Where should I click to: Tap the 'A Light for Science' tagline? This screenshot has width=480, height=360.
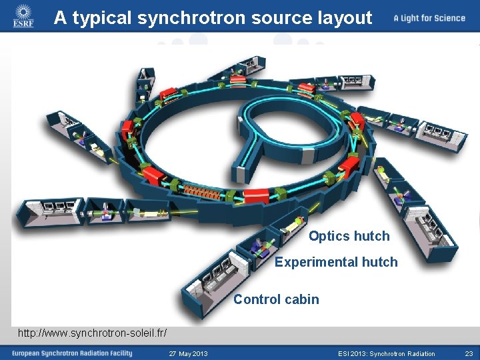pos(429,18)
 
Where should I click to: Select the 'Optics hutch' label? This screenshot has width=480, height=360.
pos(349,236)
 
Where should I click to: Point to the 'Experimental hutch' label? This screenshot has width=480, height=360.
pos(336,262)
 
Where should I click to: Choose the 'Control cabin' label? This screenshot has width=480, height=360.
pos(276,299)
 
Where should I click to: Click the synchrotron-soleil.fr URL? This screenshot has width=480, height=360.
pos(92,332)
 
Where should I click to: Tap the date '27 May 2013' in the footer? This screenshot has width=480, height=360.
pos(189,353)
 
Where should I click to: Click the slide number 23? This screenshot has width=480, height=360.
pos(469,353)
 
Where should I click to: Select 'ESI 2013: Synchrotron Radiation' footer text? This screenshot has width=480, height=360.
pos(387,353)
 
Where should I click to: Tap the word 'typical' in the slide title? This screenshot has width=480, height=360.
pos(102,18)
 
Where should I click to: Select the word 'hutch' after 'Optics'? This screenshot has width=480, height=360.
pos(371,236)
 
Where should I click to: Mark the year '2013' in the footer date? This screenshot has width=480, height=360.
pos(199,353)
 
